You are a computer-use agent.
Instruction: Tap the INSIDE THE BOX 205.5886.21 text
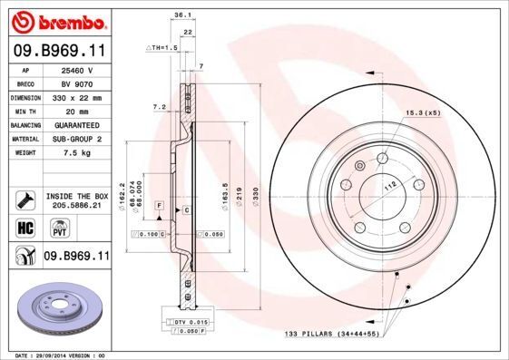pos(76,200)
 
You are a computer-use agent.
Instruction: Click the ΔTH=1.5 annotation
pos(160,46)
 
